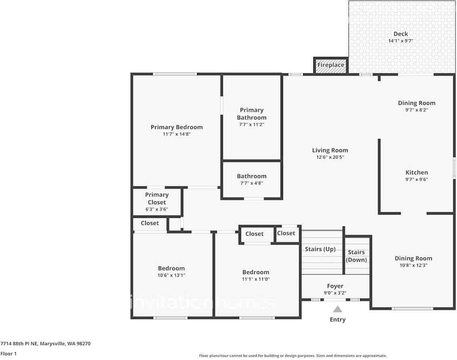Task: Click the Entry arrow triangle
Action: tap(338, 309)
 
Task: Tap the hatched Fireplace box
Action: tap(331, 65)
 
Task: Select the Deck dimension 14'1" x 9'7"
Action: tap(401, 41)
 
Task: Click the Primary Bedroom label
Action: tap(176, 127)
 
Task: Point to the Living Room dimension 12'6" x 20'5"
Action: tap(330, 157)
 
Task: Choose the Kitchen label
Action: tap(417, 172)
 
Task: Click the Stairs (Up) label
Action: tap(320, 249)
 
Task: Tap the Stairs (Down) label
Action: tap(356, 256)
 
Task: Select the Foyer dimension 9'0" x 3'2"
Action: tap(335, 293)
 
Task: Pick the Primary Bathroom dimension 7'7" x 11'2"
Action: tap(252, 124)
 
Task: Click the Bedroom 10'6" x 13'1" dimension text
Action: tap(171, 275)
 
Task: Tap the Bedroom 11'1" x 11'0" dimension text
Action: tap(256, 279)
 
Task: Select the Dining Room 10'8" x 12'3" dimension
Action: tap(413, 265)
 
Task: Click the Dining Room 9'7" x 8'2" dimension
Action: tap(417, 110)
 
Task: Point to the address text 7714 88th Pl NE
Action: tap(19, 343)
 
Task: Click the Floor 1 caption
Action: tap(9, 354)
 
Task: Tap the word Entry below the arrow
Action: tap(338, 320)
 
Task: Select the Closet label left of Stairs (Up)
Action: tap(286, 233)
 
